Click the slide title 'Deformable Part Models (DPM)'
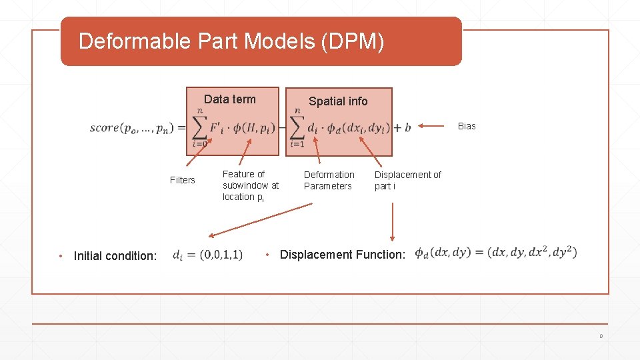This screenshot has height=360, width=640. (231, 41)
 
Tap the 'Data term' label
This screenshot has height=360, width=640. (229, 99)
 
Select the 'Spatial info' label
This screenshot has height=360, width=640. (338, 101)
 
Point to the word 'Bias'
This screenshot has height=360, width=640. (467, 126)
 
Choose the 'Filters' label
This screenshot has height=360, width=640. (182, 180)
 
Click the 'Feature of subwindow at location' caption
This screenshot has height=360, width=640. (251, 185)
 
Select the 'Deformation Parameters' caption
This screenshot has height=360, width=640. (329, 180)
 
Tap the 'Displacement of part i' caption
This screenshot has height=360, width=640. (407, 180)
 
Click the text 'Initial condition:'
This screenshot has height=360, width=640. (115, 255)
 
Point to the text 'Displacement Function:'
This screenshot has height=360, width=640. (343, 255)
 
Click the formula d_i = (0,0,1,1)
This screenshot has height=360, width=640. (207, 255)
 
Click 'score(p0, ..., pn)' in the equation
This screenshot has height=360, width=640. (133, 128)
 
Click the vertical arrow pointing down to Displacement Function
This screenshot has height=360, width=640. (393, 221)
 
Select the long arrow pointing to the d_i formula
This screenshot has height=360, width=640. (260, 220)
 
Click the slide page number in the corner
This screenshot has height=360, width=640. (601, 337)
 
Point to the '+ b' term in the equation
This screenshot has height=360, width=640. (403, 127)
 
